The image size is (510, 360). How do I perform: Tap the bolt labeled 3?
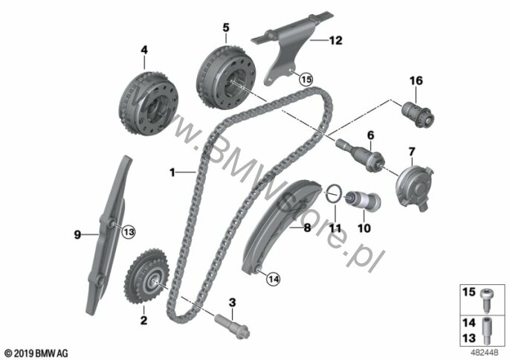tap(232, 326)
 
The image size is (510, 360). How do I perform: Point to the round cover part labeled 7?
tap(414, 187)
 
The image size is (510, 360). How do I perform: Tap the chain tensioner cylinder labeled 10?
tap(363, 200)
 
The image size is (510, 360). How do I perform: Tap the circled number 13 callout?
tap(129, 232)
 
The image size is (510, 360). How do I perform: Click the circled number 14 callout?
tap(274, 279)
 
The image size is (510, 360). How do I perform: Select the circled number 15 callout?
tap(306, 79)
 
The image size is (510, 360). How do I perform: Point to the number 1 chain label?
tap(172, 172)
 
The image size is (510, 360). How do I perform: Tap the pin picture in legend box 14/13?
tap(486, 330)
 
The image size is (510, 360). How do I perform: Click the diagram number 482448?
tap(485, 352)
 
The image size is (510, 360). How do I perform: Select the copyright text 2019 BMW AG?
tap(36, 353)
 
